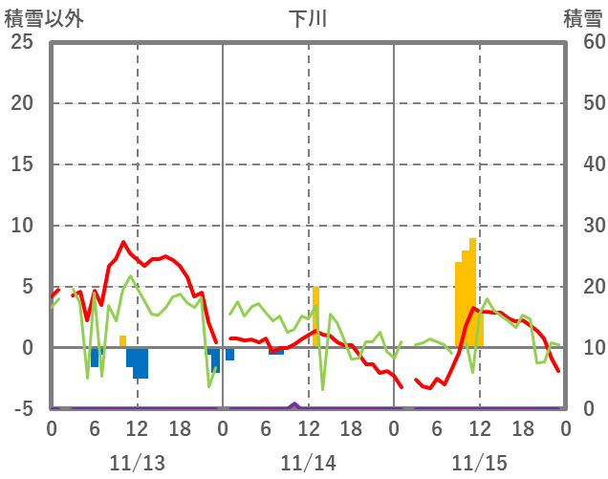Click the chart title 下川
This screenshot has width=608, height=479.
tap(308, 18)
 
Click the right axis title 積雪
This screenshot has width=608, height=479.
tap(582, 18)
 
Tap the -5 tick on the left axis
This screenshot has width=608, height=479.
tap(23, 409)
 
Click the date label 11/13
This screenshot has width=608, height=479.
tap(137, 463)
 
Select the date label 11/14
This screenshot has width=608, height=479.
tap(309, 463)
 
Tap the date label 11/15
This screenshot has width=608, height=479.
tap(480, 463)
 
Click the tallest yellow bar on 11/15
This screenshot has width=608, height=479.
tap(473, 292)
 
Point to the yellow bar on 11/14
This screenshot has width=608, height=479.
tap(315, 316)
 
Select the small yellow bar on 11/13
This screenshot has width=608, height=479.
tap(122, 341)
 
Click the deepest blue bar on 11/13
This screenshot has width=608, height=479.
tap(141, 363)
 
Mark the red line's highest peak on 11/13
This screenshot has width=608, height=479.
tap(123, 243)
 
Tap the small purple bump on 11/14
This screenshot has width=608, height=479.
tap(294, 404)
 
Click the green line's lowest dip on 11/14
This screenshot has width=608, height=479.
tap(323, 389)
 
